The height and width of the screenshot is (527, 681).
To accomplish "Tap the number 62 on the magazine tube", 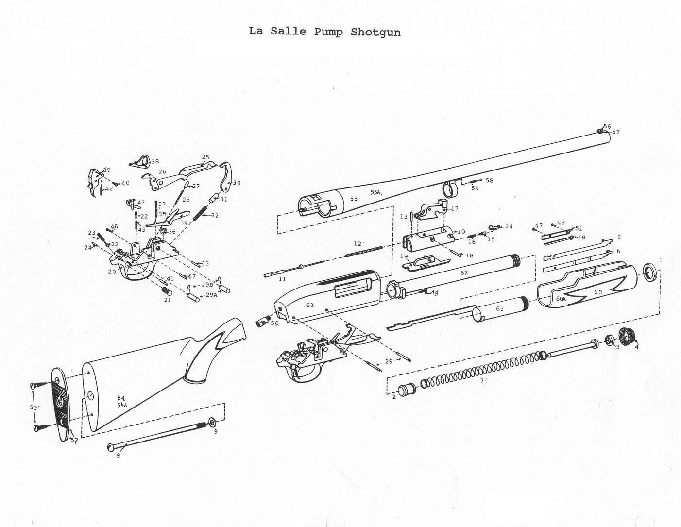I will click(x=464, y=273).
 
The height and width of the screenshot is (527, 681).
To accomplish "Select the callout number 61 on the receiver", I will click(x=310, y=306).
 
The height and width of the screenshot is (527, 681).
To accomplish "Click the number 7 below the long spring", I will click(x=483, y=381).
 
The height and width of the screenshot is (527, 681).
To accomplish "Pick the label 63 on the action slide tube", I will click(x=499, y=309).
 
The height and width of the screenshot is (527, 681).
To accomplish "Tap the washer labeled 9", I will click(x=213, y=421).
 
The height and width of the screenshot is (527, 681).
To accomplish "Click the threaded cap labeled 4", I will click(x=629, y=336).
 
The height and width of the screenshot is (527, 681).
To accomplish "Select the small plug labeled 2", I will click(x=405, y=390).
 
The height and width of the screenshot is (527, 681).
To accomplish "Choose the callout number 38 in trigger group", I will click(x=154, y=161).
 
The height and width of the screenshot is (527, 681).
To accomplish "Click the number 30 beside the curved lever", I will click(x=237, y=183).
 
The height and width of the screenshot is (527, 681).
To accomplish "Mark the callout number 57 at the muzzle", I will click(x=616, y=132).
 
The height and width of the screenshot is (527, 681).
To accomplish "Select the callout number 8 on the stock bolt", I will click(x=118, y=456).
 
